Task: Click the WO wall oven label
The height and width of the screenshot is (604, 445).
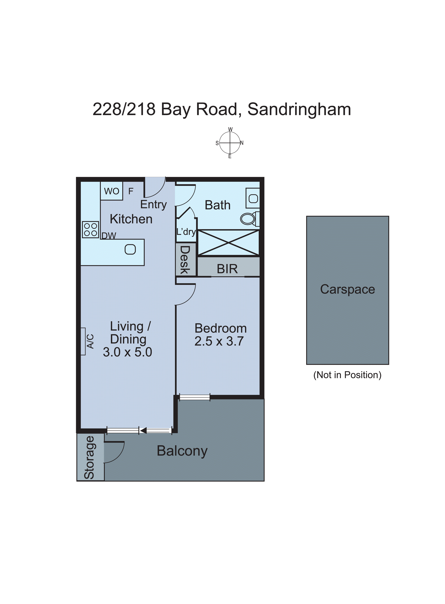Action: coord(112,191)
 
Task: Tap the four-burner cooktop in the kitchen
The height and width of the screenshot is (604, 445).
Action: coord(91,230)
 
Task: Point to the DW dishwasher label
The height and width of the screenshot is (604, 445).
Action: coord(108,236)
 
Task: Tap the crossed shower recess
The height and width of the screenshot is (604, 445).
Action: coord(228,243)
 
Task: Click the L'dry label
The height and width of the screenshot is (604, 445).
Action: coord(186,232)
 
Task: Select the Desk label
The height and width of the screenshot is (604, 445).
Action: coord(185,260)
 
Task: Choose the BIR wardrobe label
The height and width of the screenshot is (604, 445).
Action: coord(227,269)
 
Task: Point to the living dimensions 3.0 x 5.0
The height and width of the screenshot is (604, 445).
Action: coord(127,352)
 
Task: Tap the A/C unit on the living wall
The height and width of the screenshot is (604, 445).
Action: coord(83,341)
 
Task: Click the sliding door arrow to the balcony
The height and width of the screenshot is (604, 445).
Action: coord(143,430)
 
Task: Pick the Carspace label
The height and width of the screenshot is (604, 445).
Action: coord(347,290)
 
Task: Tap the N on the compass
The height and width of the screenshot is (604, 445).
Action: coord(242,143)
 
